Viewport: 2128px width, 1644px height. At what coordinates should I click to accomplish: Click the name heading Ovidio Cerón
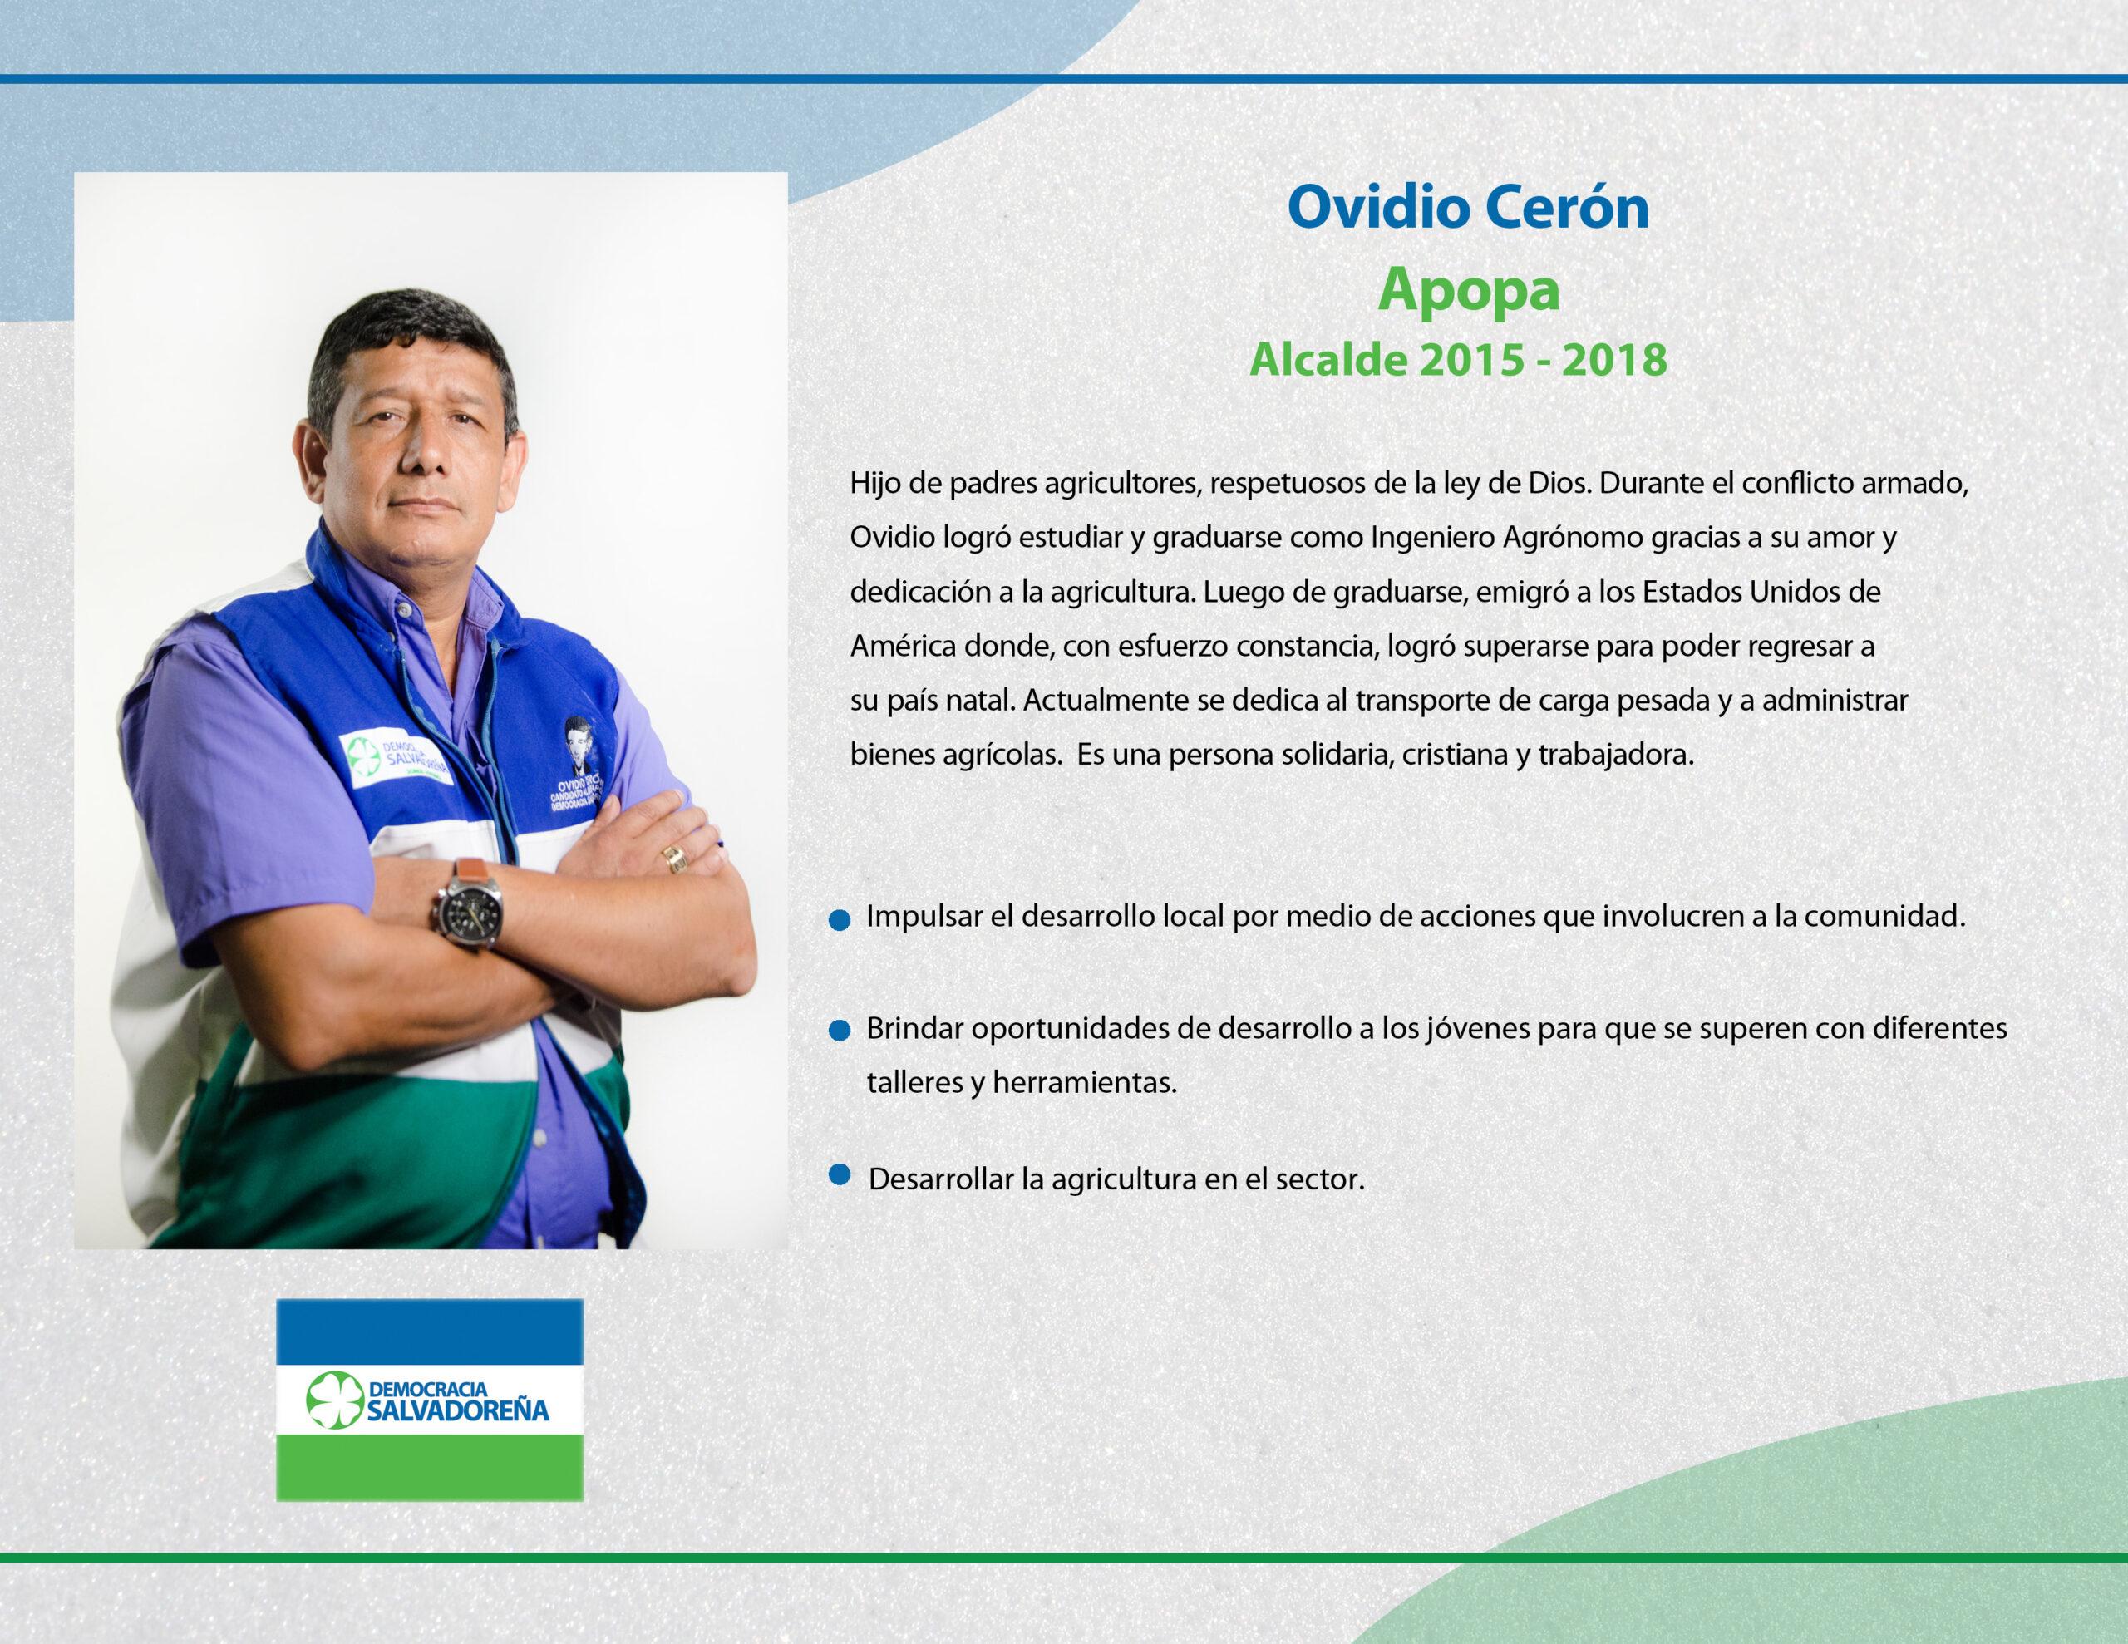[1467, 207]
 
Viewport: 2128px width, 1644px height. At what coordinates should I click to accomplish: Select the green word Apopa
[1468, 290]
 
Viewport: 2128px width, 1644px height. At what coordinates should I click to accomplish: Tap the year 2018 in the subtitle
[1614, 360]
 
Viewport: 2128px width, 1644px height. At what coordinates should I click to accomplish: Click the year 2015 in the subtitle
[1471, 360]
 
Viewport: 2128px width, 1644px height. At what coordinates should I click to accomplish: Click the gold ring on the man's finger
[674, 858]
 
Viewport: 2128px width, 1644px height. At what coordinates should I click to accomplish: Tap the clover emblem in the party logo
[334, 1400]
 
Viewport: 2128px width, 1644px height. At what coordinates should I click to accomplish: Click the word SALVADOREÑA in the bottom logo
[458, 1411]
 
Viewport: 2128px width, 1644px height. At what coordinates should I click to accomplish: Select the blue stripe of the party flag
[430, 1331]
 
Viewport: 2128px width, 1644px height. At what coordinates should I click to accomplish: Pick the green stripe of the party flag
[430, 1467]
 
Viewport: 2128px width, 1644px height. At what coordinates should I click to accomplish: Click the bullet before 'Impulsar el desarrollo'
[839, 920]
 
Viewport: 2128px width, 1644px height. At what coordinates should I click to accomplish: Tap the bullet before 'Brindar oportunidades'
[839, 1031]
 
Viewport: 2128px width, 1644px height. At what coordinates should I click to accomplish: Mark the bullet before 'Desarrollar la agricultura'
[839, 1174]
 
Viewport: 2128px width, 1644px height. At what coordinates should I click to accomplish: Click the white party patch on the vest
[395, 760]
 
